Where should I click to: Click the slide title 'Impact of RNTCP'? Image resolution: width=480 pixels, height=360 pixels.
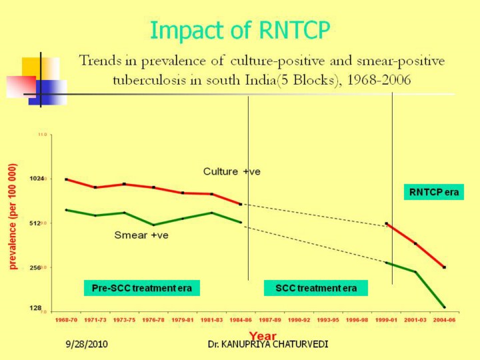tap(240, 30)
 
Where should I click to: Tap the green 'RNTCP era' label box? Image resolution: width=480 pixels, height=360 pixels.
tap(434, 192)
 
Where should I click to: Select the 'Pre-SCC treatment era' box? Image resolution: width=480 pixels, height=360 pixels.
tap(142, 289)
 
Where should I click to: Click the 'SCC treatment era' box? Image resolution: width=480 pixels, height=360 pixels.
tap(316, 289)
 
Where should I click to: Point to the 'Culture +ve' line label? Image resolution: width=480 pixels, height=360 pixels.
tap(231, 171)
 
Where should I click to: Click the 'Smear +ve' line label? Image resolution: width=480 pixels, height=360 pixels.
tap(141, 235)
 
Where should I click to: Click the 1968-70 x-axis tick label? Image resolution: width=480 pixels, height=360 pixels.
tap(66, 320)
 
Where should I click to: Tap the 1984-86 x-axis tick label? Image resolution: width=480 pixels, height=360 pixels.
tap(240, 320)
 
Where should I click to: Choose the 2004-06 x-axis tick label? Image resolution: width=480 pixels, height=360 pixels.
tap(443, 320)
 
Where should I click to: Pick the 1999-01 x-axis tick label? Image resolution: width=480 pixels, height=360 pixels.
tap(386, 320)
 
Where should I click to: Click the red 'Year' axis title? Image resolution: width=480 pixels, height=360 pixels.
tap(263, 335)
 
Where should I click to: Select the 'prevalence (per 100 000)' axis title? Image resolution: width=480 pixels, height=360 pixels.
tap(13, 216)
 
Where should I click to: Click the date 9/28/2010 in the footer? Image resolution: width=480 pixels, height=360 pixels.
tap(86, 345)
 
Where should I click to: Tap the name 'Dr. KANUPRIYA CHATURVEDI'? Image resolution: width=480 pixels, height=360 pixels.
tap(267, 345)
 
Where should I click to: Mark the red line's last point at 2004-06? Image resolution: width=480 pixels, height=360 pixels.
tap(444, 267)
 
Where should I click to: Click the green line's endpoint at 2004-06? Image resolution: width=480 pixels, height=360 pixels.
tap(444, 307)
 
